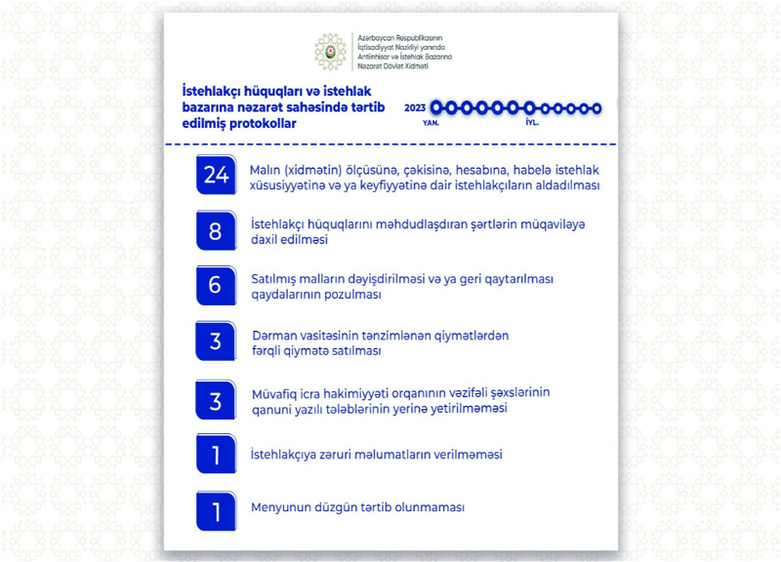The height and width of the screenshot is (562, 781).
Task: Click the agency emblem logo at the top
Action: pyautogui.click(x=330, y=53)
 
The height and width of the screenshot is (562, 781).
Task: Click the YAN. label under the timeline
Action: pyautogui.click(x=430, y=125)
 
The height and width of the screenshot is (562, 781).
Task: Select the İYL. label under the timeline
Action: pyautogui.click(x=530, y=125)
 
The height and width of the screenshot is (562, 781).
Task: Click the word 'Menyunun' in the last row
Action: pyautogui.click(x=278, y=508)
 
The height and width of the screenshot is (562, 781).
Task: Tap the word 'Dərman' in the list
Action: pyautogui.click(x=273, y=335)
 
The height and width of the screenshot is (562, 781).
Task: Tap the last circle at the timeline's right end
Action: pyautogui.click(x=596, y=108)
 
